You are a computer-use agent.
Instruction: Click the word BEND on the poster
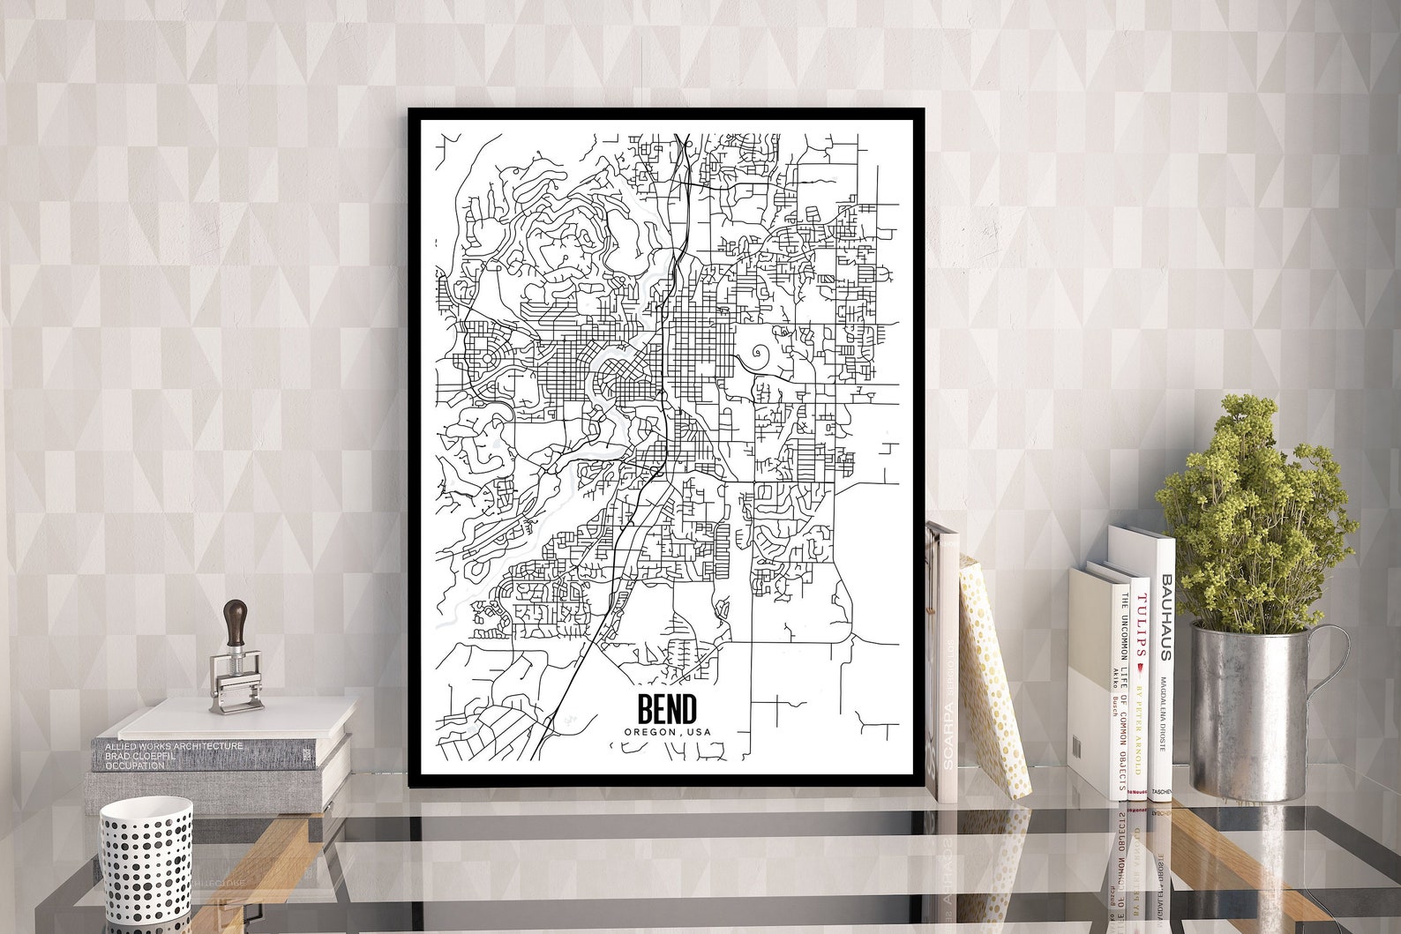(667, 708)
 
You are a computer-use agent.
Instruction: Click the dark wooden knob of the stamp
(236, 622)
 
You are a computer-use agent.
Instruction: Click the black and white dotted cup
(146, 860)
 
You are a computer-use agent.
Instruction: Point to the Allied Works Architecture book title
(174, 746)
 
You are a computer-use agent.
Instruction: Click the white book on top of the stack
(238, 719)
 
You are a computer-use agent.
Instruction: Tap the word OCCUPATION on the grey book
(135, 766)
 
